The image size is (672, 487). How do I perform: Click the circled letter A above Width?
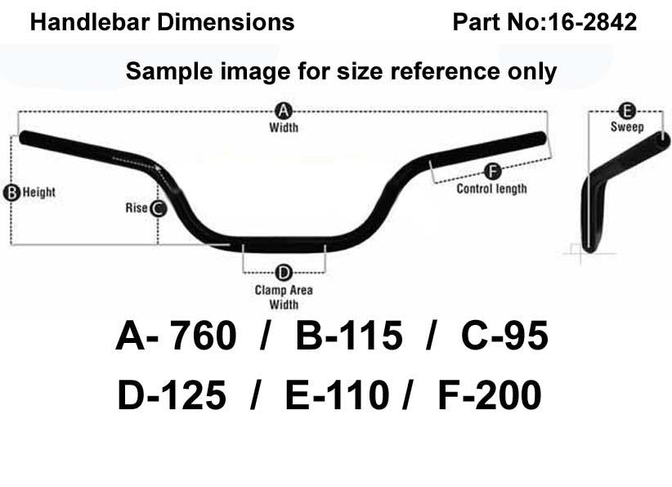coord(284,111)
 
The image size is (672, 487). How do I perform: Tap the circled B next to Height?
coord(11,192)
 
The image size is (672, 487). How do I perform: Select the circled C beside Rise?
coord(159,209)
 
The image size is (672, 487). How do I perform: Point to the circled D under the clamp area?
coord(284,273)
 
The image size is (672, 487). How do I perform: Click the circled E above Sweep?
coord(627,111)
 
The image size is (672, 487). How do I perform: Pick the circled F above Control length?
coord(492,172)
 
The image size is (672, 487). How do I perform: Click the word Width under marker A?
coord(284,128)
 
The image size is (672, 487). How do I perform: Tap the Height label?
coord(39,192)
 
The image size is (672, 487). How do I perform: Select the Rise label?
coord(137,208)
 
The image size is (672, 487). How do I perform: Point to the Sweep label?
coord(627,127)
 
